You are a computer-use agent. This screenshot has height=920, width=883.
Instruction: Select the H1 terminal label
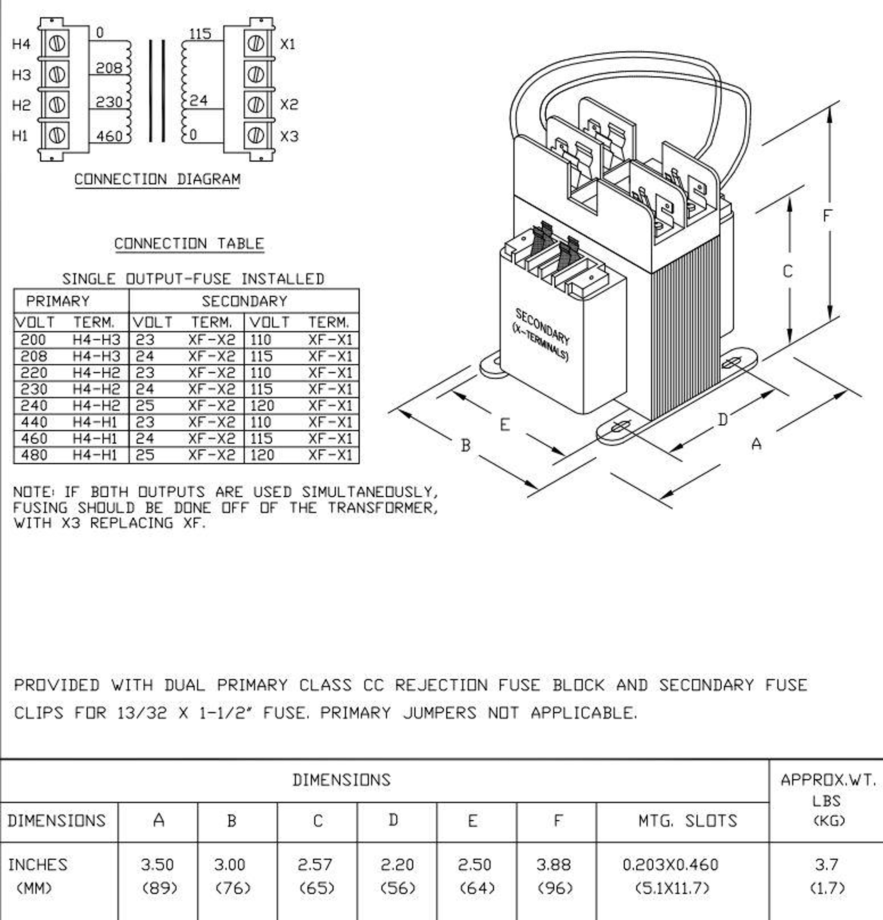tap(20, 136)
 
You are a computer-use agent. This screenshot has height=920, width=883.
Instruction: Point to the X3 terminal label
tap(289, 137)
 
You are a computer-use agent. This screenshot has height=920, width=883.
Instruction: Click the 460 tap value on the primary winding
tap(109, 136)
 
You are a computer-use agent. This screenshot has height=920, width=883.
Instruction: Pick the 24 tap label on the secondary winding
tap(198, 100)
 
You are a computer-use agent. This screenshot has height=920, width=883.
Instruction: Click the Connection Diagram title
tap(157, 179)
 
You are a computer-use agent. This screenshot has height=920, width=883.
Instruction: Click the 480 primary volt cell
tap(34, 455)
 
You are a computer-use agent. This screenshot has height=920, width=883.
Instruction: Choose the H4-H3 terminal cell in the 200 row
tap(96, 340)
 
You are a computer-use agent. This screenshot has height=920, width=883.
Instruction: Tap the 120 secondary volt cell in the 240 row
tap(261, 406)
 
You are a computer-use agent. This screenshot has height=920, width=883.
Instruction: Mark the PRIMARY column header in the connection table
tap(58, 301)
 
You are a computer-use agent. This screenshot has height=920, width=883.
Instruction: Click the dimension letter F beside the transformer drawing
tap(827, 215)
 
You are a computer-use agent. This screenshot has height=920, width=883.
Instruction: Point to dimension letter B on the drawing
tap(465, 445)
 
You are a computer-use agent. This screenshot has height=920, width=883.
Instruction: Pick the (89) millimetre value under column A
tap(160, 888)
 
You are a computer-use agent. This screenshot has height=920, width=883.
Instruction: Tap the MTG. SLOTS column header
tap(687, 820)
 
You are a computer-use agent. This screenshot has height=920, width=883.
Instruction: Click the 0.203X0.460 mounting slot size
tap(670, 865)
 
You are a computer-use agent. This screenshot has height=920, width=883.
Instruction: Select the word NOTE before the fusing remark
tap(33, 492)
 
